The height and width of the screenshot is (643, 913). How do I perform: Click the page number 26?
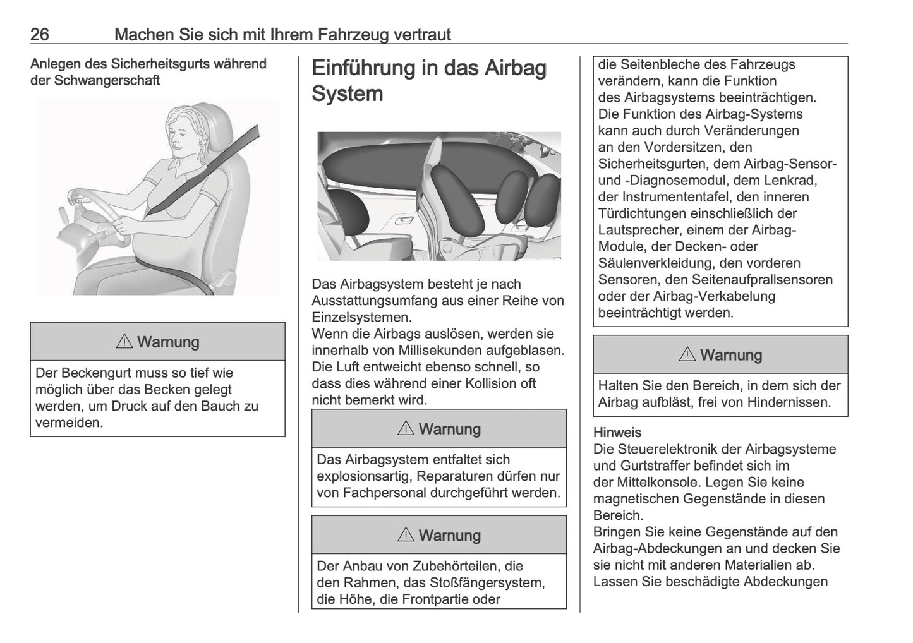coord(39,34)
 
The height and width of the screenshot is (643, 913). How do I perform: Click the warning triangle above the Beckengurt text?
coord(124,342)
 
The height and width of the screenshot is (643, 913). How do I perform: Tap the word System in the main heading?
coord(348,93)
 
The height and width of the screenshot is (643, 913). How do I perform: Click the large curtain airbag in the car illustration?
coord(373,161)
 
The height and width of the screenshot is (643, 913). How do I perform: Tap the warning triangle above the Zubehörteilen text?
coord(406,535)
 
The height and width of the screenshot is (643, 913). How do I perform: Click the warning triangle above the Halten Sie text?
coord(687,354)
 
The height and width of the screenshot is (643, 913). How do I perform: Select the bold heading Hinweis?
coord(617,433)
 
